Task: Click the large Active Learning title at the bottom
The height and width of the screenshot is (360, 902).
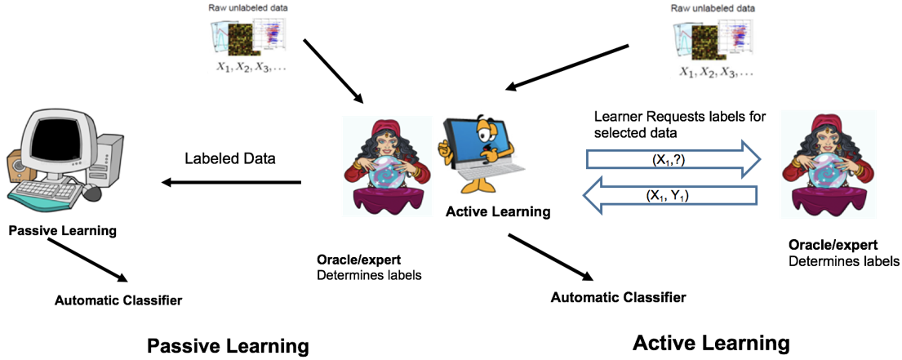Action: [711, 342]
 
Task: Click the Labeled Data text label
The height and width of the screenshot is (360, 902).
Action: [230, 158]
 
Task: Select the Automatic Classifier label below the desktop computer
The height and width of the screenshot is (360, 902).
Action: [118, 300]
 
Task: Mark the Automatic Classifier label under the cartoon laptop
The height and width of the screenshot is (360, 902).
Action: [618, 296]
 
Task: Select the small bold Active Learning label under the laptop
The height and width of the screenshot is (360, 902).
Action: [498, 212]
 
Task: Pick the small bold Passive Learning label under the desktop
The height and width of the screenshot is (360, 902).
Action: [62, 230]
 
